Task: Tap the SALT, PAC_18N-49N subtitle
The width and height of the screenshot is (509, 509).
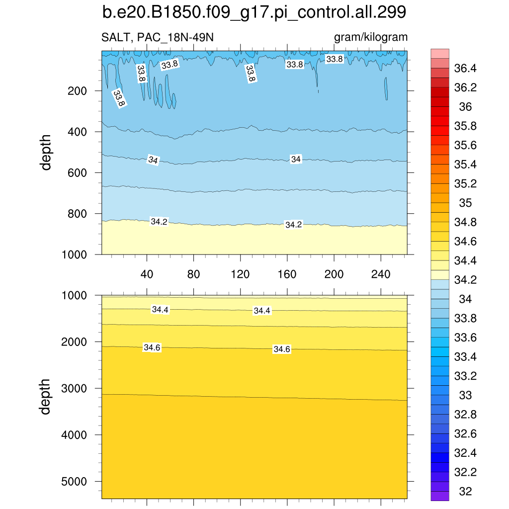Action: (x=158, y=38)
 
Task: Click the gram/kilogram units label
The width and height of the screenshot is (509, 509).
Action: (x=371, y=37)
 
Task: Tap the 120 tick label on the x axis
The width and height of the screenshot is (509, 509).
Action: (x=240, y=274)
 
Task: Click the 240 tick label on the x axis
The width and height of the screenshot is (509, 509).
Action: (x=380, y=274)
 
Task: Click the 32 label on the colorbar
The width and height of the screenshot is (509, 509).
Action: (x=465, y=492)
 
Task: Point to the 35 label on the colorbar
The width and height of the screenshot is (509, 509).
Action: (x=465, y=203)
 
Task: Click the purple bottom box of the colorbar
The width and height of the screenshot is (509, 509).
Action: (x=440, y=496)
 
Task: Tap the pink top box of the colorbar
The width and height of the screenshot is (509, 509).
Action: (x=440, y=53)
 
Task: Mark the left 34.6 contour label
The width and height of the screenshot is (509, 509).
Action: (x=152, y=347)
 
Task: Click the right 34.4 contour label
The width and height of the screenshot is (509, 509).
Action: (x=262, y=311)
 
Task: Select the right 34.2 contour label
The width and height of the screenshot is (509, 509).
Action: (x=293, y=225)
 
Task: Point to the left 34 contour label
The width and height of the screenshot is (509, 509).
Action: (x=153, y=160)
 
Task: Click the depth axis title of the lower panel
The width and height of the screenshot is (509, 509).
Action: (x=46, y=396)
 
